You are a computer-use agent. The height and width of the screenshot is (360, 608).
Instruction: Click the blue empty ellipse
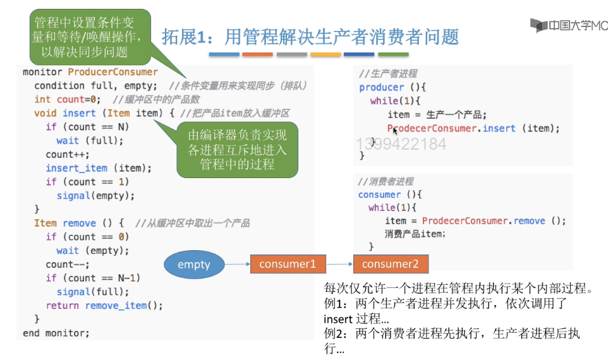194,264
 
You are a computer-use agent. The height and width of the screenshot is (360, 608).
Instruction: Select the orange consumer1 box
288,264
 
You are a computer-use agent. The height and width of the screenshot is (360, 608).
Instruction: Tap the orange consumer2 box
390,264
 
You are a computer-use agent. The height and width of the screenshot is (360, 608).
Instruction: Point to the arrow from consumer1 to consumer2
339,264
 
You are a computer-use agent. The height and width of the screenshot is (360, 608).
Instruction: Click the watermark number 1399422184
401,144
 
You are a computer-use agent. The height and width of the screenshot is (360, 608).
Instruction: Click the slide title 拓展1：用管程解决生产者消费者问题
310,37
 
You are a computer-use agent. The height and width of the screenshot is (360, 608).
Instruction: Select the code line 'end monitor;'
56,332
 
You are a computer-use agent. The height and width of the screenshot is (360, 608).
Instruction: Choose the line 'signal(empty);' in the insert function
95,195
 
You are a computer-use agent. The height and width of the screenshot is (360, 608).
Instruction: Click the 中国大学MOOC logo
568,26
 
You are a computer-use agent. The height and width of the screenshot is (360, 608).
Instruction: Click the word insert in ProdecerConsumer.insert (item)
499,128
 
